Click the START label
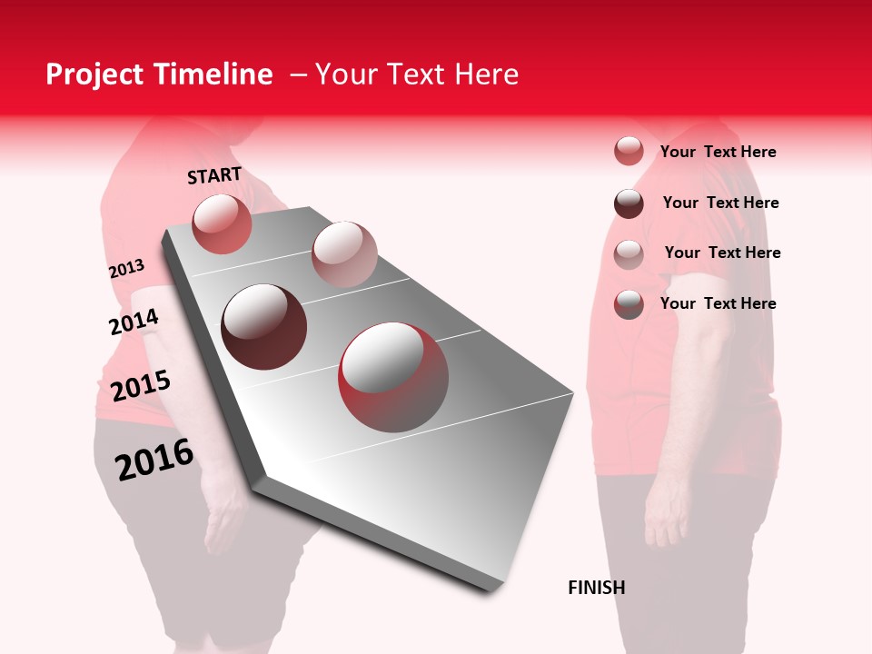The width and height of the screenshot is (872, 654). click(x=214, y=175)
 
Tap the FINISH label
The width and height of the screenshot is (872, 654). click(x=596, y=588)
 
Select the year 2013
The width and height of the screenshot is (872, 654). click(x=126, y=269)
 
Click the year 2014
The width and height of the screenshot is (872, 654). click(x=134, y=322)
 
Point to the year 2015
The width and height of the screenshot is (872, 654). click(x=141, y=386)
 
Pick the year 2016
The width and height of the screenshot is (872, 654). click(x=154, y=459)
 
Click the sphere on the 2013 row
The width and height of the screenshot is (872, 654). click(x=222, y=223)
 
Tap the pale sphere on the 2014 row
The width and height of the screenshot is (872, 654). click(x=344, y=253)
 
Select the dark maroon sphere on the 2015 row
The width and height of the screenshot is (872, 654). click(x=263, y=327)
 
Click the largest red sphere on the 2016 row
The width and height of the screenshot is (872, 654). click(x=393, y=377)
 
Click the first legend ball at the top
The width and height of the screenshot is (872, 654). click(x=629, y=151)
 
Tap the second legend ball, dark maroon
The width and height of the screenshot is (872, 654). click(x=629, y=203)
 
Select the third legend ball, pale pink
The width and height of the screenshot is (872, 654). click(x=629, y=253)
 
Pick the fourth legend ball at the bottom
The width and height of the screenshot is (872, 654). click(x=629, y=304)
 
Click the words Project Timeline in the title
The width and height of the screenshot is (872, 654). click(x=159, y=74)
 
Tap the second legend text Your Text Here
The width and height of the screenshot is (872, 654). click(x=720, y=203)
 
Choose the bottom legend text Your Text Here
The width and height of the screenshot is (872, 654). click(x=718, y=303)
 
